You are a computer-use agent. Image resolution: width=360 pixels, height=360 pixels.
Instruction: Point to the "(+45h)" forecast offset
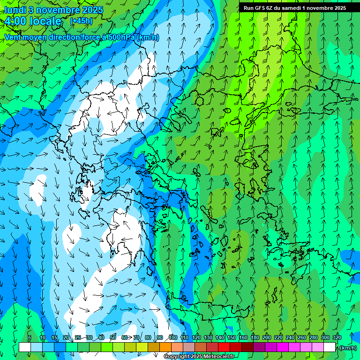pos(81,21)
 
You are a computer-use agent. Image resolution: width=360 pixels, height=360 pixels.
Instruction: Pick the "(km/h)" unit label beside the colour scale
pos(348,348)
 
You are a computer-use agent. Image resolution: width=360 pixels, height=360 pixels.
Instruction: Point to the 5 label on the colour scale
pos(30,337)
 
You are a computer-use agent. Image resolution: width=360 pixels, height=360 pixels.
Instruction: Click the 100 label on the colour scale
pos(172,337)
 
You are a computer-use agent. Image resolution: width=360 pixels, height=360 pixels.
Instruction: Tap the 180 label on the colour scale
pos(255,337)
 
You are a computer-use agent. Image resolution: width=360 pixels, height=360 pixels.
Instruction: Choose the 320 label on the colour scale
pos(337,337)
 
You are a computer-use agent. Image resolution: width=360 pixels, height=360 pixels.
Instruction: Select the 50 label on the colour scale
pos(113,337)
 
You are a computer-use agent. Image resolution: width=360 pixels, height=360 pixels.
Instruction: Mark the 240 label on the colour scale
pos(290,337)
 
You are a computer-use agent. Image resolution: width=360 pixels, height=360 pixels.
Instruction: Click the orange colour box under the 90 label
pos(165,347)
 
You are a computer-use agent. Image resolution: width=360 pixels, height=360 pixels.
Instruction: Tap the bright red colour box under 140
pos(224,347)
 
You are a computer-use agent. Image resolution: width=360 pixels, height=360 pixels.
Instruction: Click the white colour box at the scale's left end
pos(25,347)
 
